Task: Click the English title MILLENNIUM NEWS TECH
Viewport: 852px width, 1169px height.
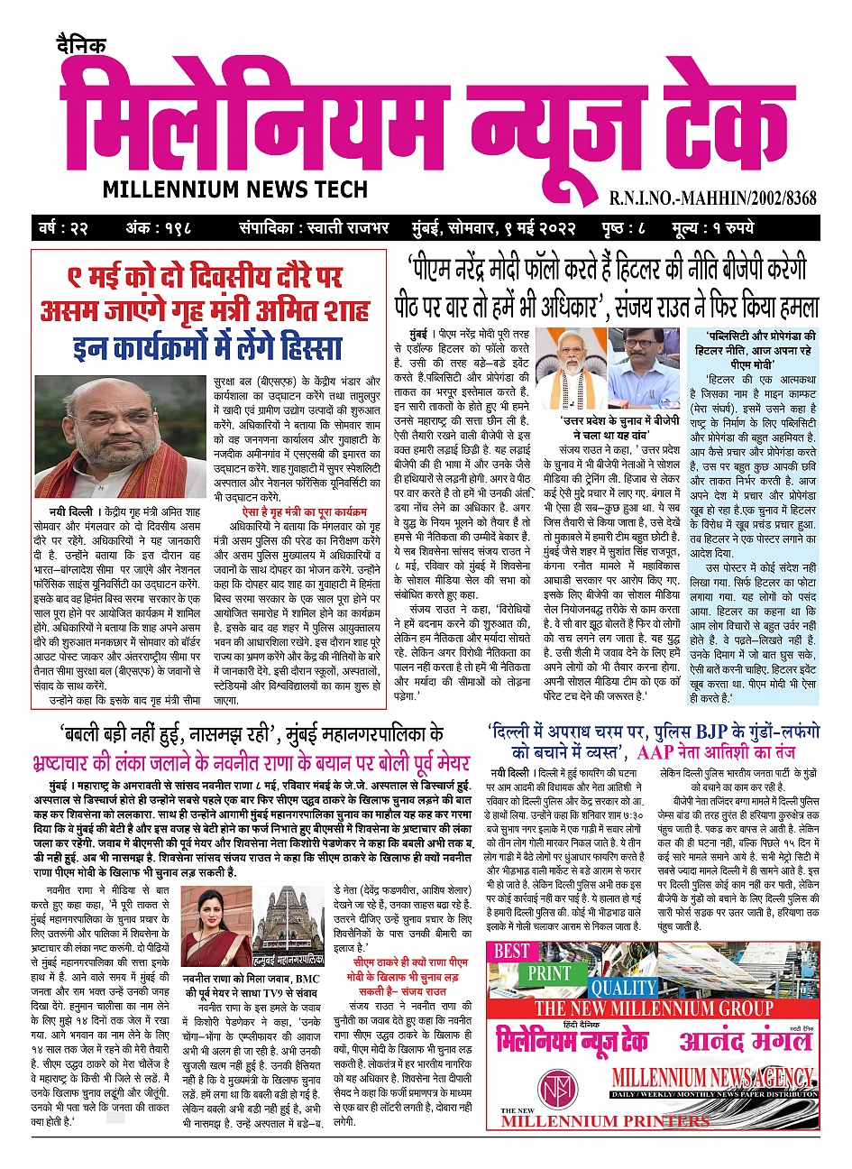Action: [x=234, y=189]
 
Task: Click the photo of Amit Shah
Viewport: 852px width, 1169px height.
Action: [x=121, y=437]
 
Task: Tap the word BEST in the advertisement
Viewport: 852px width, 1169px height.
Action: [x=512, y=951]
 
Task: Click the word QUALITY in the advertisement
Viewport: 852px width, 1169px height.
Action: [x=624, y=988]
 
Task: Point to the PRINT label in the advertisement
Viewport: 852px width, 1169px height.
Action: [x=550, y=973]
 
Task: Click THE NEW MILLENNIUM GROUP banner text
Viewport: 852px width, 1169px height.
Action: [x=654, y=1008]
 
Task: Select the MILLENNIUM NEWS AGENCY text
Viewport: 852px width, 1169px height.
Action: [x=711, y=1077]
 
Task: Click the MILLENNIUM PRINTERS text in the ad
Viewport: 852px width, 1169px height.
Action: [x=605, y=1121]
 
